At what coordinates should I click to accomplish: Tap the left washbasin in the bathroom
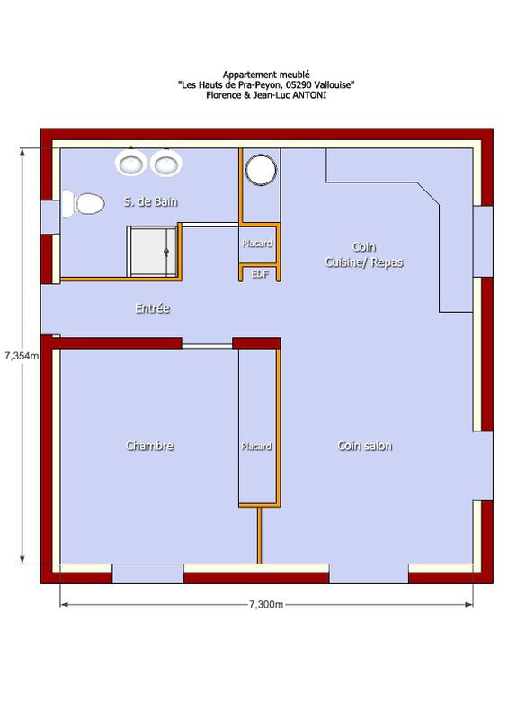point(130,163)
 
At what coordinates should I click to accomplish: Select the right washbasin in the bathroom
point(165,163)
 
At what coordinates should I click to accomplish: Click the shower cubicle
point(152,252)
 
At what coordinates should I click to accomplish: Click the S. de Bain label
point(150,201)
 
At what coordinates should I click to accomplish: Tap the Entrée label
point(152,307)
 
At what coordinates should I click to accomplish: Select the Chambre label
point(149,446)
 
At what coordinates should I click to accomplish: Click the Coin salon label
point(365,446)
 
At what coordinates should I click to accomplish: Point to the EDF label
point(260,274)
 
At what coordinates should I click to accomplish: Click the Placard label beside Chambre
point(256,446)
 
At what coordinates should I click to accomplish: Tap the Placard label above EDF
point(257,243)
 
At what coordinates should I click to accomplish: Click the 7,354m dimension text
point(22,355)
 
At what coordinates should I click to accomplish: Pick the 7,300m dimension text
point(266,604)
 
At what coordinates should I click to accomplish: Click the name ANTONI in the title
point(310,95)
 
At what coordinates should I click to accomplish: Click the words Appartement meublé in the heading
point(266,75)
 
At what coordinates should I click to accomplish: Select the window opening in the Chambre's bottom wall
point(147,573)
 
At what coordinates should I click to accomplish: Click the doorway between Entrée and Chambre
point(208,345)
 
